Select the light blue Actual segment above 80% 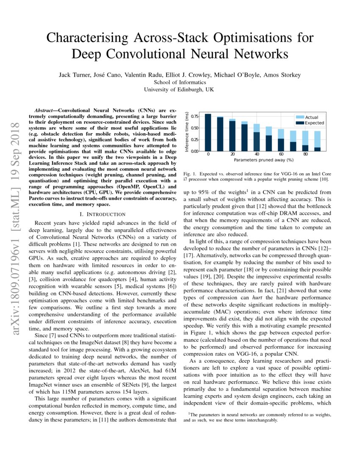tap(305, 138)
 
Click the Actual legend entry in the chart tap(311, 117)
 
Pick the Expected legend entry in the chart tap(314, 123)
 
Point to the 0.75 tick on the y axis tap(194, 116)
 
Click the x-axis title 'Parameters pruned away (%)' tap(263, 161)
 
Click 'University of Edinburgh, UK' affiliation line tap(180, 89)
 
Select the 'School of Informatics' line tap(180, 82)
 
